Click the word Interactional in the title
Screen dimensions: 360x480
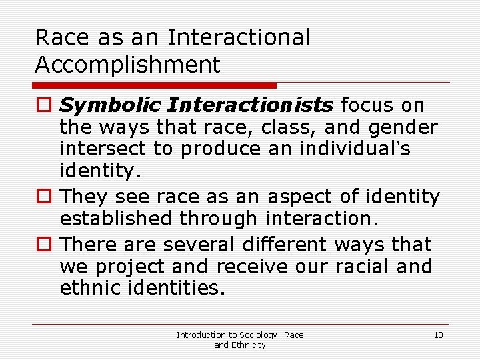click(239, 38)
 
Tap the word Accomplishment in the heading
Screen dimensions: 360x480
click(127, 65)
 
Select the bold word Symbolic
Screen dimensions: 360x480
click(111, 105)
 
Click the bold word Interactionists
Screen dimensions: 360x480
click(251, 105)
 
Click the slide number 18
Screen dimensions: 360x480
click(438, 335)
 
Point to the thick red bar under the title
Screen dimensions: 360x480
click(154, 85)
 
